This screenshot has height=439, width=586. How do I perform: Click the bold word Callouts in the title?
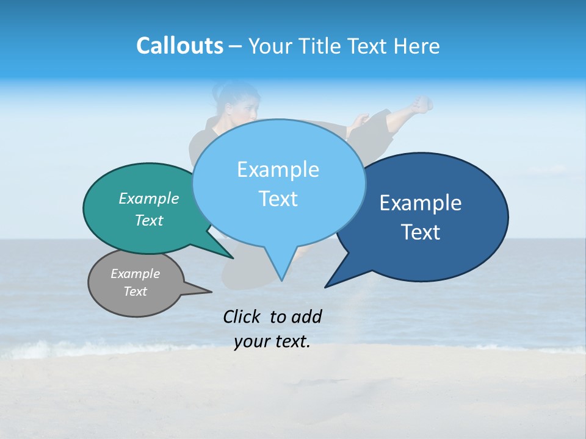[179, 46]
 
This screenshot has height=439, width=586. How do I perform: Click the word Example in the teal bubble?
[148, 198]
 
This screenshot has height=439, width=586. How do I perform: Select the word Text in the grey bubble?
[136, 291]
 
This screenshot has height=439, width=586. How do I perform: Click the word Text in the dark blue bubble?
[421, 232]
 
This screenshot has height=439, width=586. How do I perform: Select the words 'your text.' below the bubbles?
[272, 342]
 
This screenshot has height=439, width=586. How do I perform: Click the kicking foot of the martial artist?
[421, 104]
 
